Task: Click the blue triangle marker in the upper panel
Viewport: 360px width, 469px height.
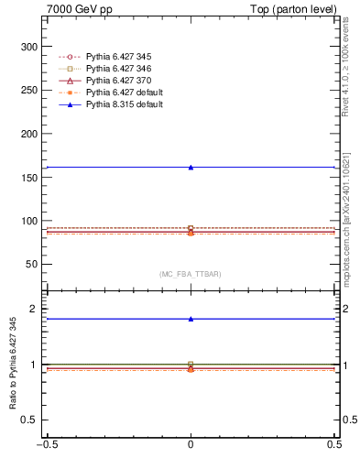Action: [191, 167]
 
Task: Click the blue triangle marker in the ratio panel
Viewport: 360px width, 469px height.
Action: [191, 319]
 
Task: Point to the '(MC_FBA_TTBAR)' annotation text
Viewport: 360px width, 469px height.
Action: [191, 274]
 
